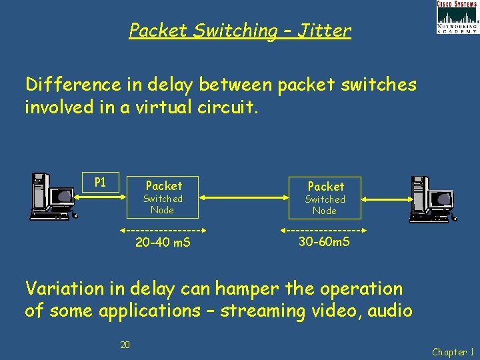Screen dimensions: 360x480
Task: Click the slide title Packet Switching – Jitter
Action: [x=239, y=31]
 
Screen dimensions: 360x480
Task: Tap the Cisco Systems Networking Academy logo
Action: [x=457, y=17]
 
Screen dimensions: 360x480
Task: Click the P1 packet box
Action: [x=100, y=182]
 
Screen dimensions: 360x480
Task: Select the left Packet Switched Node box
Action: [x=163, y=197]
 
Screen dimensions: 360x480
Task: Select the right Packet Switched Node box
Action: [x=325, y=197]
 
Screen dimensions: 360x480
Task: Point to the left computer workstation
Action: [x=53, y=196]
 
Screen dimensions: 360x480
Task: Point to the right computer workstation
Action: [x=429, y=198]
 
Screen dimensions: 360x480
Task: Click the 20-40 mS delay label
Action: [x=163, y=243]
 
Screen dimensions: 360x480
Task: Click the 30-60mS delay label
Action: [x=324, y=241]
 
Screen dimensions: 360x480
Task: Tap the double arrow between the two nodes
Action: [x=243, y=197]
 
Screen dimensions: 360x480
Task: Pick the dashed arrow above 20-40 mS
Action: [x=163, y=231]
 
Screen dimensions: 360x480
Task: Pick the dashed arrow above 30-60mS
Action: [x=324, y=230]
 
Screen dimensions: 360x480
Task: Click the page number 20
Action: [x=125, y=345]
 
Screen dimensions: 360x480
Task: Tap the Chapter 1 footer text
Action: [x=453, y=352]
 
